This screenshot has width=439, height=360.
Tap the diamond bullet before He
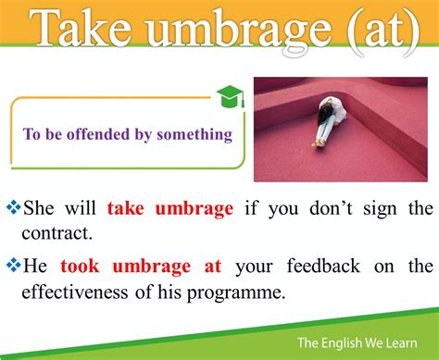(13, 267)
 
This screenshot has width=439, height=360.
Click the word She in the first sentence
(39, 207)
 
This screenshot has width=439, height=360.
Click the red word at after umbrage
(212, 267)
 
